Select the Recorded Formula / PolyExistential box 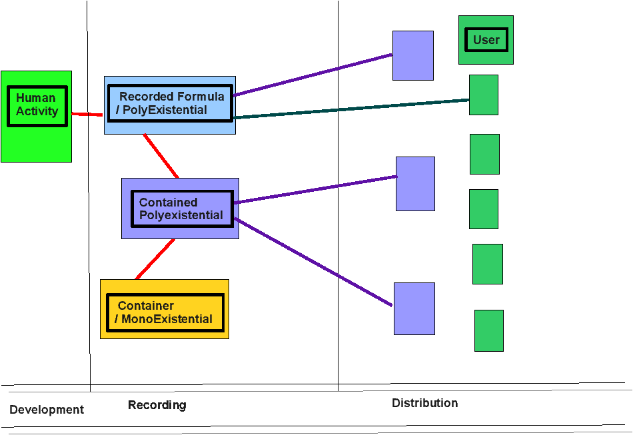coord(170,104)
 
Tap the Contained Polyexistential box coord(181,209)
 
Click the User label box coord(486,40)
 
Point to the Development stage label coord(47,410)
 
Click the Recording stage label coord(157,405)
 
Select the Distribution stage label coord(424,403)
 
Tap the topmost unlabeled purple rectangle coord(413,55)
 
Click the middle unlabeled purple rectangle coord(415,184)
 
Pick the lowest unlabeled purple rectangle coord(414,308)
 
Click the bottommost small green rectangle coord(488,330)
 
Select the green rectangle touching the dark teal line coord(484,95)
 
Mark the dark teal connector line coord(351,109)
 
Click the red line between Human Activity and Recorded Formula coord(87,115)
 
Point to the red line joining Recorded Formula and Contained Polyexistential coord(161,156)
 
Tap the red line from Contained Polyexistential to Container coord(155,259)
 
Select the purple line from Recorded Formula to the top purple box coord(313,74)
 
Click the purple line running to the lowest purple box coord(313,262)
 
